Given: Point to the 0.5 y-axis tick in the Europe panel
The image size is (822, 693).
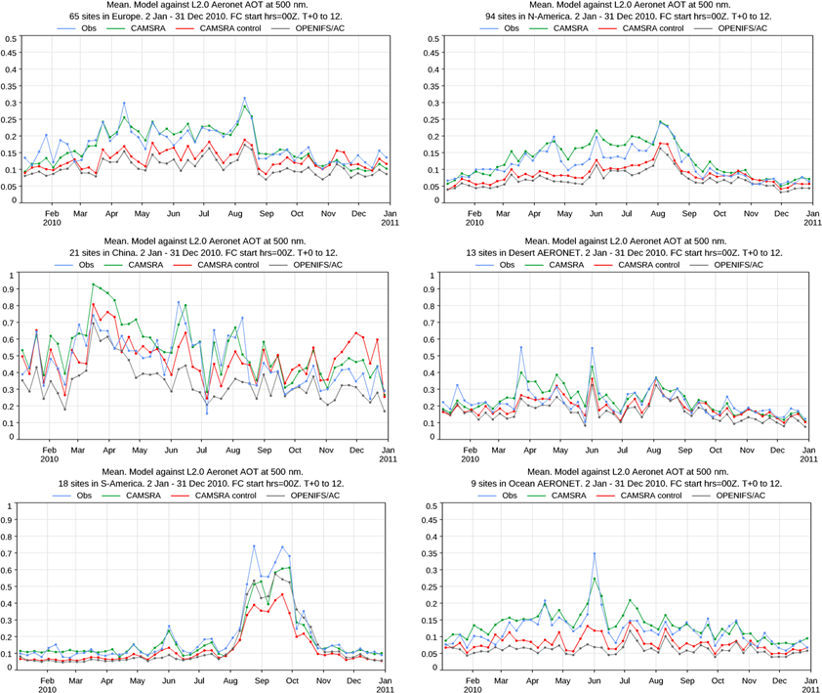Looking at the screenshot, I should coord(10,39).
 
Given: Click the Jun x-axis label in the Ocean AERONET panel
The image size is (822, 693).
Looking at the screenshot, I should coord(595,677).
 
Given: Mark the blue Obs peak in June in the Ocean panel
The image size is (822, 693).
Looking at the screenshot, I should coord(594,554).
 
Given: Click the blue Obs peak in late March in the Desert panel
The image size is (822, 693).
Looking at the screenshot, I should coord(521,347).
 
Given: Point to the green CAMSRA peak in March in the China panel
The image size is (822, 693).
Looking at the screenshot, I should coord(93,284).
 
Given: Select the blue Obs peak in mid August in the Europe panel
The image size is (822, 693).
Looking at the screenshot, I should coord(244,98).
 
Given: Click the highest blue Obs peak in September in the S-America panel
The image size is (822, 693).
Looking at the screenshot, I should coord(254,546).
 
